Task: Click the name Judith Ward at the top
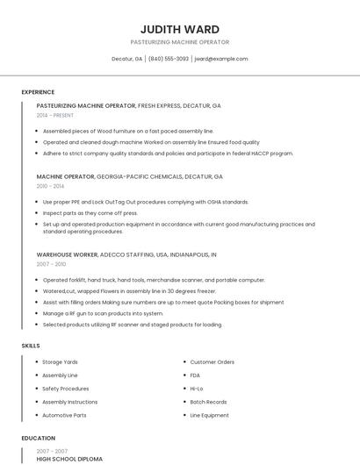click(180, 29)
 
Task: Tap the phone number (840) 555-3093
click(169, 59)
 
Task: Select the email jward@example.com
click(221, 59)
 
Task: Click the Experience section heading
click(38, 92)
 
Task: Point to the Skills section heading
click(31, 346)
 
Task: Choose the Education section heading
click(38, 438)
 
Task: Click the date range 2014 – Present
click(55, 115)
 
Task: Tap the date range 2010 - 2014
click(50, 186)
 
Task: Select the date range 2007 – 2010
click(51, 263)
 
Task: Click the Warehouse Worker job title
click(68, 254)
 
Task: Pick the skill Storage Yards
click(61, 361)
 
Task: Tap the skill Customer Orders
click(212, 361)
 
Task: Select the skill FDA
click(196, 375)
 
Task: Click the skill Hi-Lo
click(197, 388)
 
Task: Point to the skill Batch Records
click(209, 402)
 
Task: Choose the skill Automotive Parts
click(64, 415)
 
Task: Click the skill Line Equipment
click(210, 415)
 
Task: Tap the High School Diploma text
click(69, 459)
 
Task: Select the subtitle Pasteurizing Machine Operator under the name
click(180, 42)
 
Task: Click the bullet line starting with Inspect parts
click(90, 213)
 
